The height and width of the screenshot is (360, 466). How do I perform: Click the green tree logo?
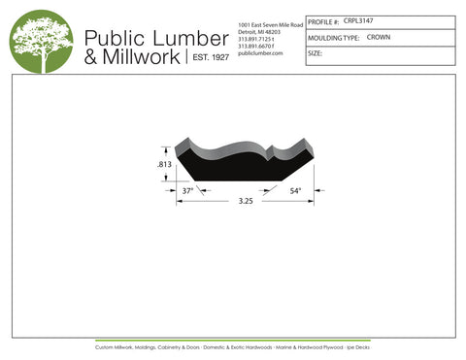[41, 41]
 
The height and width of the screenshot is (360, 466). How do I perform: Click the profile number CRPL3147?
[358, 20]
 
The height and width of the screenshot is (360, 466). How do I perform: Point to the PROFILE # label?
[323, 21]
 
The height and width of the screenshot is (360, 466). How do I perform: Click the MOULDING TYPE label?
[334, 38]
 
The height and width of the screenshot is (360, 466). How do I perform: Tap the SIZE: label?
[315, 53]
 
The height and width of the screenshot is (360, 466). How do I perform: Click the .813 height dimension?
[164, 166]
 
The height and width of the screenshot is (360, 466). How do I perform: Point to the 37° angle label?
[188, 190]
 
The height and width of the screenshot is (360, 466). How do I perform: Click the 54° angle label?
[295, 190]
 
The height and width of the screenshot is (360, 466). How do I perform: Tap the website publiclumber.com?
[259, 52]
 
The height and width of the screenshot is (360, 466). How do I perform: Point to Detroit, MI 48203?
[259, 31]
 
